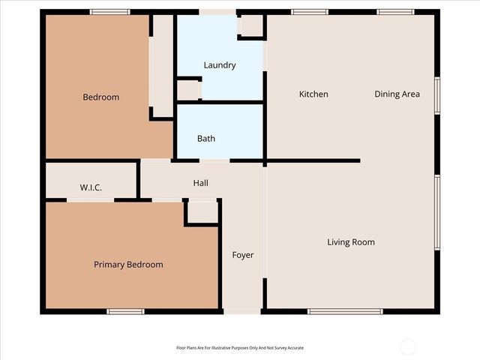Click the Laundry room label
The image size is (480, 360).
tap(220, 65)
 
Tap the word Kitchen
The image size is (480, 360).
tap(313, 94)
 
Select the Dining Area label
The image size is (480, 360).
tap(397, 94)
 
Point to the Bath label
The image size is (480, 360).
tap(206, 139)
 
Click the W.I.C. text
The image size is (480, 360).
tap(91, 187)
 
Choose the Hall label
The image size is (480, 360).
tap(200, 183)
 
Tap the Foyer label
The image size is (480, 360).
tap(242, 255)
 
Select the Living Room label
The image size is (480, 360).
tap(350, 242)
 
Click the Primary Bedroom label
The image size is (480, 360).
tap(128, 265)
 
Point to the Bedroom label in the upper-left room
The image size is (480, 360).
tap(100, 97)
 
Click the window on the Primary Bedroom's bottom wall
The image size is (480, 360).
tap(124, 311)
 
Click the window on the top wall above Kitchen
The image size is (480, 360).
tap(309, 12)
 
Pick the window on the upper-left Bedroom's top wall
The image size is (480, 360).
tap(109, 12)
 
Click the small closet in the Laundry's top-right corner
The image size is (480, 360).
tap(250, 26)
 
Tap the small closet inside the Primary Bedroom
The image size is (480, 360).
tap(202, 212)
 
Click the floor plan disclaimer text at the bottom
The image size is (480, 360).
tap(240, 348)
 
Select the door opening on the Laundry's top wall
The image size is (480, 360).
tap(217, 12)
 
